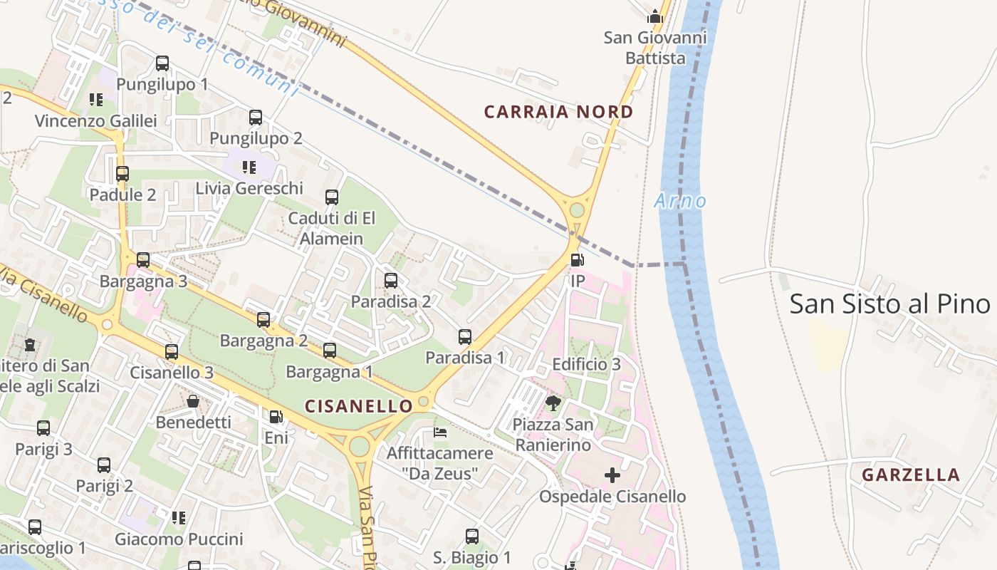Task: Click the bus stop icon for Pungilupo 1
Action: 162,63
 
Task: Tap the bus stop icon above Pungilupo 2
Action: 256,118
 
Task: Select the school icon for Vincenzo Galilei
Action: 96,100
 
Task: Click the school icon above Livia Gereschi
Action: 249,167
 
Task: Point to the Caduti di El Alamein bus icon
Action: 332,197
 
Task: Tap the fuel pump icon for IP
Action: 578,260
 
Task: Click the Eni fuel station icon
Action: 276,417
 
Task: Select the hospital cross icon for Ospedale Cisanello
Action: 612,475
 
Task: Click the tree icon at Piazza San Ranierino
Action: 553,404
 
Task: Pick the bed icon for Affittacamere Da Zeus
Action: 441,432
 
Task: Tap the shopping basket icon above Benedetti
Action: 193,401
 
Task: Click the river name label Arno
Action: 680,201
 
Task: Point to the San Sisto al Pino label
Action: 889,304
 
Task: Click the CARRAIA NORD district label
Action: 558,112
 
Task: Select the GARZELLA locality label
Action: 911,475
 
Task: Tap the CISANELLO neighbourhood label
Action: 359,406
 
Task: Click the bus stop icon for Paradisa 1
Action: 465,337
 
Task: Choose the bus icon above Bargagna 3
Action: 143,260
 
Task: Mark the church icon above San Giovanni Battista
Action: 654,16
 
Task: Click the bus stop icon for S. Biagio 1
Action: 472,537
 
